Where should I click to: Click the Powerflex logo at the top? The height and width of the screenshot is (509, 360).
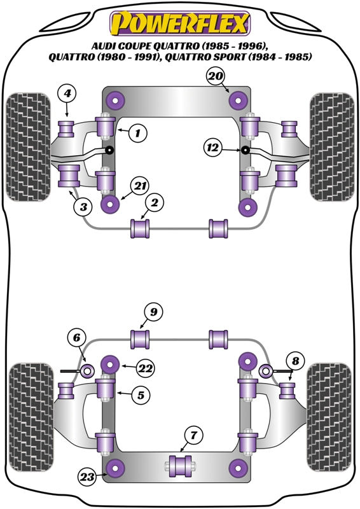click(180, 24)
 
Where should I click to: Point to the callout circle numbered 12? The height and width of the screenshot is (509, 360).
click(214, 148)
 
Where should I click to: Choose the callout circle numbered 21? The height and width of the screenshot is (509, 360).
click(140, 186)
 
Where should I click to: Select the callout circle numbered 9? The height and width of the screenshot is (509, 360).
click(153, 312)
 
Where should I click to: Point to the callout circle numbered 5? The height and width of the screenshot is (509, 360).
click(141, 395)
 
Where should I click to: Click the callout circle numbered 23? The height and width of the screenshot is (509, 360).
click(87, 476)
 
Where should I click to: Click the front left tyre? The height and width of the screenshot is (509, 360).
click(28, 146)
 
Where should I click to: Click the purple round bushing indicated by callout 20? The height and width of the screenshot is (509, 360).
click(239, 99)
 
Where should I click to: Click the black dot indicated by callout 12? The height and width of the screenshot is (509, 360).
click(244, 150)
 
